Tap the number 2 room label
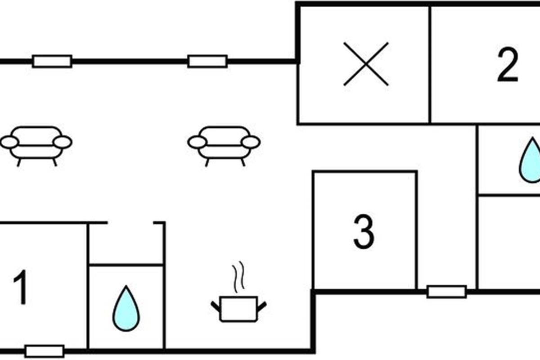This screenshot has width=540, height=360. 508,66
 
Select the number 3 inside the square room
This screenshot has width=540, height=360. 364,231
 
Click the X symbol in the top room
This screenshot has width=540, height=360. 366,64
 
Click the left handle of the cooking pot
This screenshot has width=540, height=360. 215,306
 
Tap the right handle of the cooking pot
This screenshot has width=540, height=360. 262,306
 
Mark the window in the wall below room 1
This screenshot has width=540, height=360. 44,351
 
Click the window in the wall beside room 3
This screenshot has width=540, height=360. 446,292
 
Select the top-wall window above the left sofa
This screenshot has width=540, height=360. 52,61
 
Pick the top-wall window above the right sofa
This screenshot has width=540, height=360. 207,61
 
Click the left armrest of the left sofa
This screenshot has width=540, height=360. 9,143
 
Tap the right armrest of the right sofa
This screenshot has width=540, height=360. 251,142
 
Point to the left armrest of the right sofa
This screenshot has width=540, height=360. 197,143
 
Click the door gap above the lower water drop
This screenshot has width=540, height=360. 130,223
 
